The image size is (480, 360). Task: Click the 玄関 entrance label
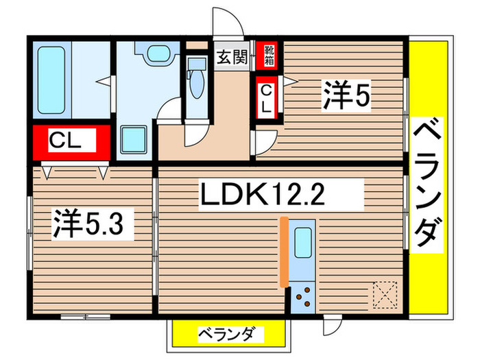click(x=232, y=57)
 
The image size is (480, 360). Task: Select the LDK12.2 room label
click(x=279, y=197)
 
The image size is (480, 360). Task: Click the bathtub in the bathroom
click(x=53, y=80)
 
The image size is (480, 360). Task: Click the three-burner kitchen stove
click(x=302, y=296)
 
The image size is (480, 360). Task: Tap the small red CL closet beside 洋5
click(x=266, y=99)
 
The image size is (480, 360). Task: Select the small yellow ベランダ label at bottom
click(x=226, y=335)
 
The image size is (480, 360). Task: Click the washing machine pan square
click(x=134, y=139)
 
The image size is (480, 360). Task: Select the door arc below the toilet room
click(x=194, y=134)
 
